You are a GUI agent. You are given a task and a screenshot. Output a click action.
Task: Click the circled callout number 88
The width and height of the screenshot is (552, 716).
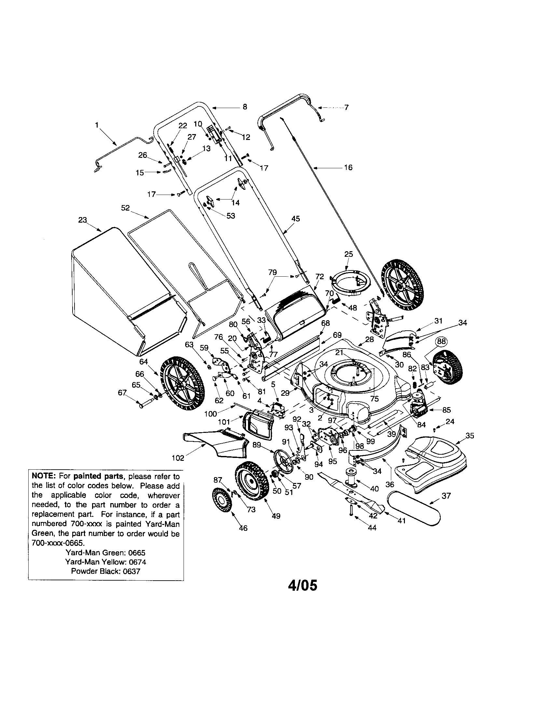pos(442,341)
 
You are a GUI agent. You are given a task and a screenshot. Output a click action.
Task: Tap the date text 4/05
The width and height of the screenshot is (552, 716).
pos(303,585)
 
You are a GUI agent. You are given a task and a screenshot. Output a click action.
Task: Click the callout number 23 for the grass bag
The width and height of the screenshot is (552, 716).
pos(82,220)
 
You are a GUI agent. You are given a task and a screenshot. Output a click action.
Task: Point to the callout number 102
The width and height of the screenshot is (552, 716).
pos(178,458)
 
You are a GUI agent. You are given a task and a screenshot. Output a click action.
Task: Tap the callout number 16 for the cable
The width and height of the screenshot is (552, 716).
pos(348,168)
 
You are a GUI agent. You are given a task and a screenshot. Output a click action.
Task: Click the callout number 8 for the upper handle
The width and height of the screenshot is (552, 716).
pos(244,107)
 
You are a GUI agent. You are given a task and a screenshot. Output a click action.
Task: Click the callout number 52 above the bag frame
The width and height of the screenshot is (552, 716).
pos(125,208)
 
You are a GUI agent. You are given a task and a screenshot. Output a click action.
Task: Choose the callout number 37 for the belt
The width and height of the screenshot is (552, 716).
pos(447,496)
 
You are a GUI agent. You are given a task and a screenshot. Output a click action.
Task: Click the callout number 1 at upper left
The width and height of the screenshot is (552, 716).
pos(97,125)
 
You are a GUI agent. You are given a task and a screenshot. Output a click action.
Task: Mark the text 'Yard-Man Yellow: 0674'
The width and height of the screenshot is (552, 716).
pos(105,562)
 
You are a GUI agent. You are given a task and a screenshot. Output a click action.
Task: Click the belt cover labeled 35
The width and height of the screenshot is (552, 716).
pos(433,463)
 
